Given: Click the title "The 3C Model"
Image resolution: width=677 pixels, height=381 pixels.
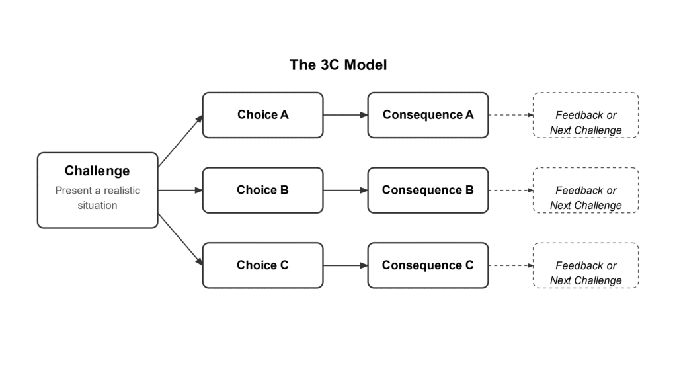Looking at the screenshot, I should point(338,65).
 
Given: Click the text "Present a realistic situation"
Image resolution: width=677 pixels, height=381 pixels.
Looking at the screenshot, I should point(97,198).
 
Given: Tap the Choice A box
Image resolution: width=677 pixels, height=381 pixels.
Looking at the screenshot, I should point(262,115).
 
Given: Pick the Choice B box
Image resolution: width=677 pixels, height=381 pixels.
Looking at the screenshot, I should point(262,190).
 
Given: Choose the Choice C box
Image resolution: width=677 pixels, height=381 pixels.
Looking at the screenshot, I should point(262,265).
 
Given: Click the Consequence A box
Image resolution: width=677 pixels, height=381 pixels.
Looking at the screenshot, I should point(428,115).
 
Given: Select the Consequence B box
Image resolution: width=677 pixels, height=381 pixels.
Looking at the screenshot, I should point(428,190).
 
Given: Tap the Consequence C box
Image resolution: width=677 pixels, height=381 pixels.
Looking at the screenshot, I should point(428,265).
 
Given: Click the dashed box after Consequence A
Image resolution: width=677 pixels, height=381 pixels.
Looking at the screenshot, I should point(585,115).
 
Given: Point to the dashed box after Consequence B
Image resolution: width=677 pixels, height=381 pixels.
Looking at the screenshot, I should point(585,190).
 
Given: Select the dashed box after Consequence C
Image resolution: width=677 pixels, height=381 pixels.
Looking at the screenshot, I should point(585,265).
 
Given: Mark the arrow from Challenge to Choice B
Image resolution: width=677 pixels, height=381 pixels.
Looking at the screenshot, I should point(180,190).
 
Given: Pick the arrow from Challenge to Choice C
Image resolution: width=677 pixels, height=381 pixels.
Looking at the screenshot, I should point(180,239).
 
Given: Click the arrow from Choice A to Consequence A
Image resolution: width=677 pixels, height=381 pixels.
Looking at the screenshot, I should point(345,115).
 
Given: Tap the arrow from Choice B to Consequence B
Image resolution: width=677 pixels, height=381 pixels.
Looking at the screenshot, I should point(345,190).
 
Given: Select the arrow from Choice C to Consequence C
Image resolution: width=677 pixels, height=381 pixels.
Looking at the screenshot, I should point(345,265).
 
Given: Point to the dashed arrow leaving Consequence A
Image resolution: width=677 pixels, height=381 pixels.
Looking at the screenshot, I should point(510,115).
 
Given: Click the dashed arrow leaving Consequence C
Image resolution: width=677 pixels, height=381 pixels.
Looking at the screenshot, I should point(510,265).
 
